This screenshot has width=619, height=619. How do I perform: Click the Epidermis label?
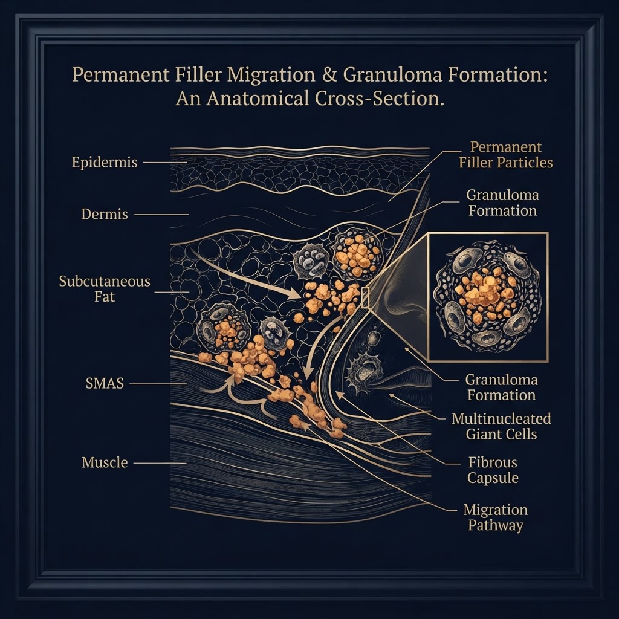tap(105, 162)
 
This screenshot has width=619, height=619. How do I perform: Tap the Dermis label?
tap(105, 214)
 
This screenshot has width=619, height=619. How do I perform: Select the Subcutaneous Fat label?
tap(105, 288)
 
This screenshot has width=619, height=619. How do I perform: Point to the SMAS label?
tap(105, 383)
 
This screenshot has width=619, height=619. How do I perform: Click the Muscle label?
tap(105, 462)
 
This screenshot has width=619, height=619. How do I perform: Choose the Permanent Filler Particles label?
tap(506, 155)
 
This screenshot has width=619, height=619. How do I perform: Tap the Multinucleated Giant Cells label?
tap(501, 426)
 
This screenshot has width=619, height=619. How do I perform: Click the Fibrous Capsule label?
tap(493, 470)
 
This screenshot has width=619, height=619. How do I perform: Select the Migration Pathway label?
tap(496, 517)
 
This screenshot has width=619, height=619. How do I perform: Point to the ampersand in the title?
tap(329, 75)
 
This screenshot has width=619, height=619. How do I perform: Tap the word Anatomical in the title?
tap(258, 99)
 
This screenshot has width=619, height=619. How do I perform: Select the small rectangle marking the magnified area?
tap(365, 297)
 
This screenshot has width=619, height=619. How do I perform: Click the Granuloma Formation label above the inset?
tap(502, 203)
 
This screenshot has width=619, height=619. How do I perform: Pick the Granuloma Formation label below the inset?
tap(501, 387)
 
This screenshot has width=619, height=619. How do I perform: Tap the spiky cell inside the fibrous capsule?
tap(364, 373)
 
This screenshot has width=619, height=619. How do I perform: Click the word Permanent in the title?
tap(121, 74)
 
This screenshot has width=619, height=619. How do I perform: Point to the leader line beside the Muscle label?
tap(160, 462)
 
